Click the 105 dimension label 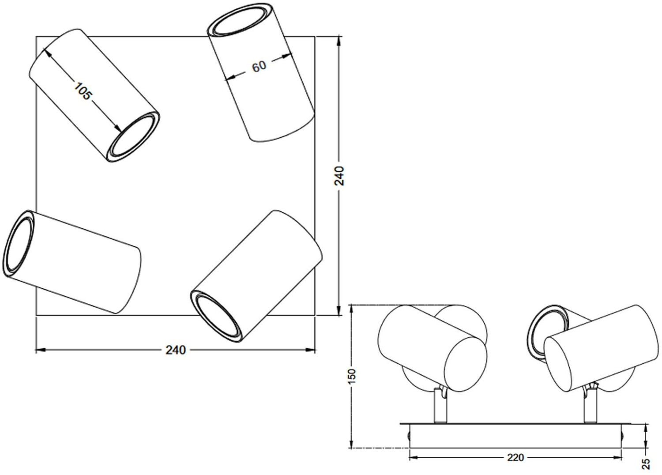point(82,91)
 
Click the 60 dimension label point(259,67)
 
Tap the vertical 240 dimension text point(339,176)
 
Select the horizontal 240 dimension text point(176,350)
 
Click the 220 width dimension point(515,457)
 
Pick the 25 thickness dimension point(646,463)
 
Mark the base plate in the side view point(515,435)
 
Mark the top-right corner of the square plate point(314,37)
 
